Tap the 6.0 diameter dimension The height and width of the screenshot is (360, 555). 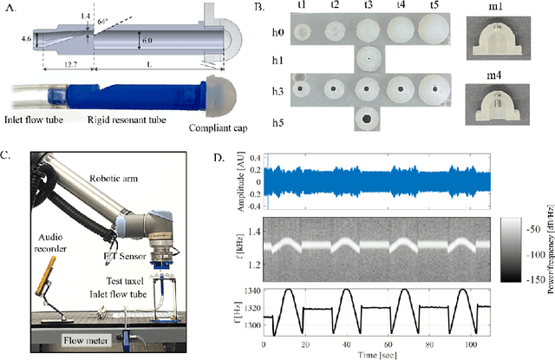tap(148, 41)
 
